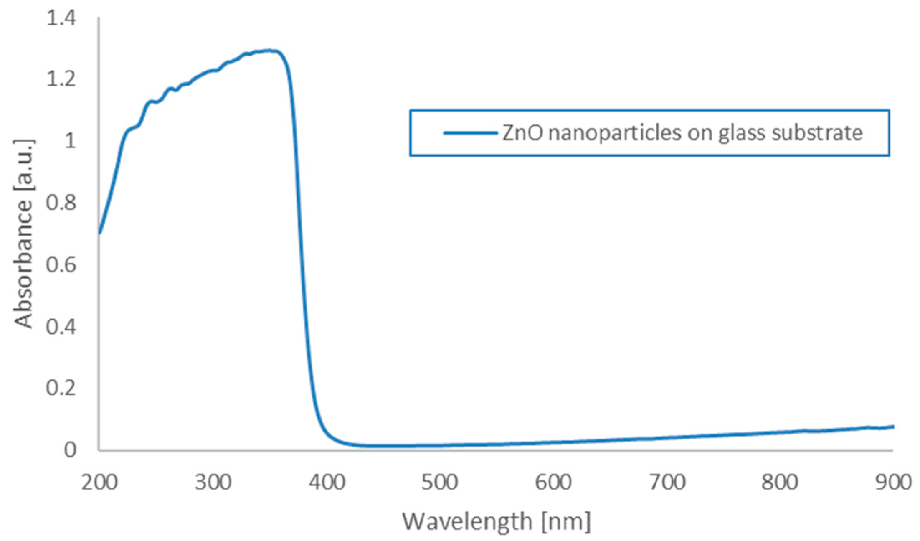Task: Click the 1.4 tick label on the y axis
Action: (x=61, y=18)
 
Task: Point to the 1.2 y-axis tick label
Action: (x=61, y=79)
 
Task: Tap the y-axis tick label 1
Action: (x=70, y=141)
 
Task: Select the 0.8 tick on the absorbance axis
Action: (x=61, y=203)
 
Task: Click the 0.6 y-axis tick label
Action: (x=61, y=264)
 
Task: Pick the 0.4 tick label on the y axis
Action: (x=61, y=326)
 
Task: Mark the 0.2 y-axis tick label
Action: (x=61, y=388)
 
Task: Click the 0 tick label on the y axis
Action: (x=70, y=450)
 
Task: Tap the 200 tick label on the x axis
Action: (x=99, y=483)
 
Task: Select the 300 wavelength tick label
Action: (x=213, y=483)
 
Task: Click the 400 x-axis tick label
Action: (x=327, y=483)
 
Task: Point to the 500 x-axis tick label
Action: (x=440, y=483)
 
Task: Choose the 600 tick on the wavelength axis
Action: (x=553, y=483)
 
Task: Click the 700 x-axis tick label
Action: (x=667, y=483)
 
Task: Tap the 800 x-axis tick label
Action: (x=780, y=483)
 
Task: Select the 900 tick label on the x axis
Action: (x=893, y=483)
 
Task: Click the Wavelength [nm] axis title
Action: (x=496, y=522)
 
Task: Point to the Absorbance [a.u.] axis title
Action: (x=23, y=234)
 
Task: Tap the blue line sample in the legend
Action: (x=470, y=133)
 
